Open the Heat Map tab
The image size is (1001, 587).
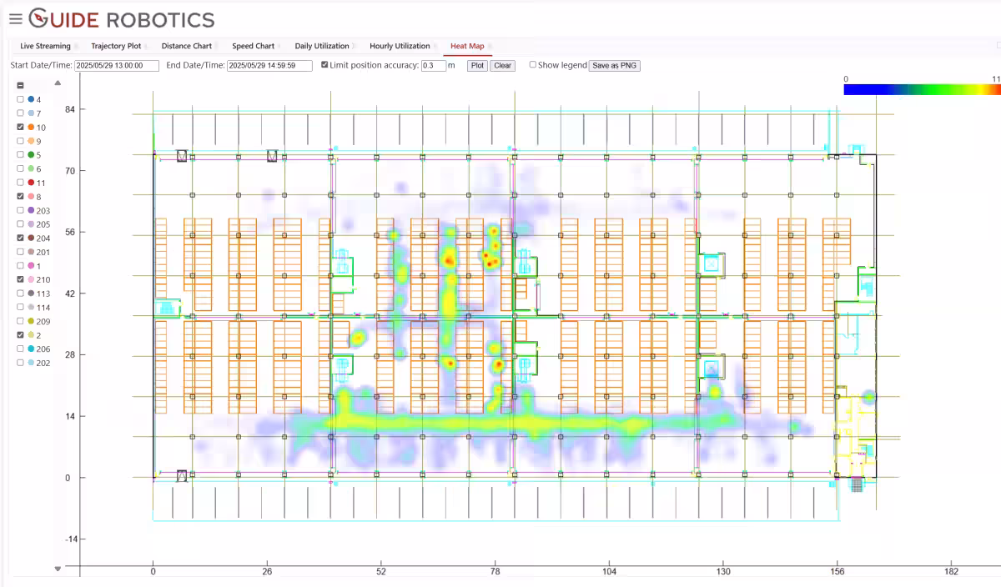[467, 46]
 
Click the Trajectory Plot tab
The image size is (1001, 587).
[116, 46]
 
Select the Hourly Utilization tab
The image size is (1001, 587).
[400, 46]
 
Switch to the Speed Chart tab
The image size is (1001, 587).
[253, 46]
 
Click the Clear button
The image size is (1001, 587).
[502, 65]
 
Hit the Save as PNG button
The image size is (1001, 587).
[615, 65]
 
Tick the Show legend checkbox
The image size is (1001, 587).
[533, 65]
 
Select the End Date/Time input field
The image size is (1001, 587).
[269, 65]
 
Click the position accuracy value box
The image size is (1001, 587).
[433, 65]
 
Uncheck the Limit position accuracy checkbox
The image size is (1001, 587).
[324, 65]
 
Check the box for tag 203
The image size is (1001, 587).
[21, 211]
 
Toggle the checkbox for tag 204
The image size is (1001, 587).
[21, 238]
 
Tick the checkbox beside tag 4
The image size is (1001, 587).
[21, 100]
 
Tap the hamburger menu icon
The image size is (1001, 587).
[15, 19]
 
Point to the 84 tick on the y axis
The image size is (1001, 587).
[70, 109]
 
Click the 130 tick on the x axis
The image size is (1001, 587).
[723, 572]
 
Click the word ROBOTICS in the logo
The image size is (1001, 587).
[160, 19]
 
